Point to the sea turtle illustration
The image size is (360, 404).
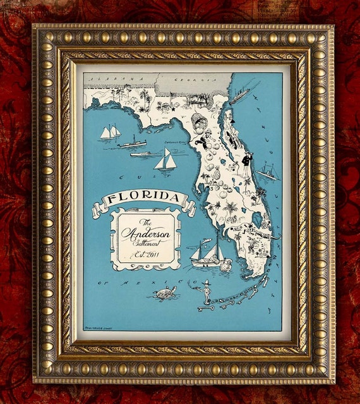165,293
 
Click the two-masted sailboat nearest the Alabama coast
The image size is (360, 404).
110,132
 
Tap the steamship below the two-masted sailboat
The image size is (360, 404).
133,144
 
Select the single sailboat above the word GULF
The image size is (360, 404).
165,160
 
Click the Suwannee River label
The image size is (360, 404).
175,142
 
